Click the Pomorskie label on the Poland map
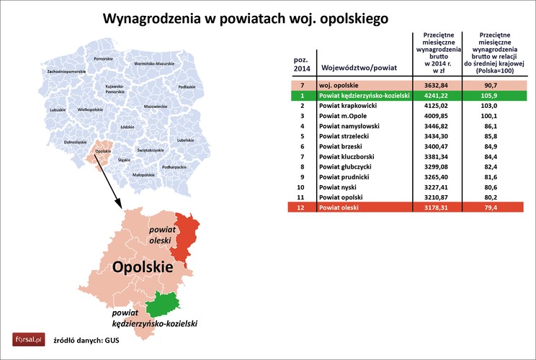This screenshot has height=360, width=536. coord(104,58)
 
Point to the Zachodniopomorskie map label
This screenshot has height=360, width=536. coord(66,73)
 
